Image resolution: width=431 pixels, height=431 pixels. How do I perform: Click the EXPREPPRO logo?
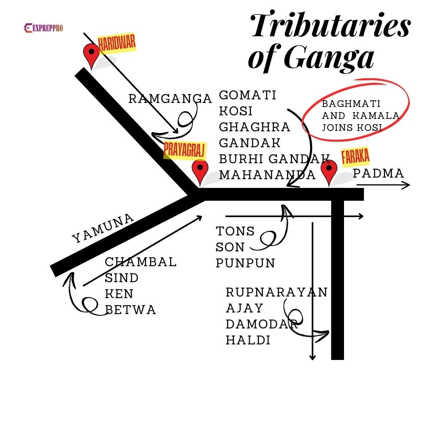tap(43, 28)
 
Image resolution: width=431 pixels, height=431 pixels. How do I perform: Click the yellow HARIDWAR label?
tap(117, 43)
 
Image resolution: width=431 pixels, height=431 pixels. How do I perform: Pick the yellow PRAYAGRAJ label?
tap(184, 150)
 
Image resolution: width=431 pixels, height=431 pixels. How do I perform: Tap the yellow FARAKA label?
tap(355, 157)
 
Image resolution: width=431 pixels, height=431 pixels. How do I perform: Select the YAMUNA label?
tap(103, 229)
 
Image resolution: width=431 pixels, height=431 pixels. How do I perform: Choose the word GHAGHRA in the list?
tap(255, 127)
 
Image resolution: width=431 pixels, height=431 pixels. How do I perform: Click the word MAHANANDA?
tap(267, 175)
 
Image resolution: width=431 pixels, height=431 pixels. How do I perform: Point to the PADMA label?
tap(378, 173)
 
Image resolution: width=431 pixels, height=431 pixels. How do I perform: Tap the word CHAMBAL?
tap(140, 262)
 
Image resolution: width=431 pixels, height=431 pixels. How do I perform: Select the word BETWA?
tap(130, 310)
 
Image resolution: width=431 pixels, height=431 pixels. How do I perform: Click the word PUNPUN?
tap(245, 263)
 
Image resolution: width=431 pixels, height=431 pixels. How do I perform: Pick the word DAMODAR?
tap(262, 324)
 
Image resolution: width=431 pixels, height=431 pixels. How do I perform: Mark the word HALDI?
tap(248, 340)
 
